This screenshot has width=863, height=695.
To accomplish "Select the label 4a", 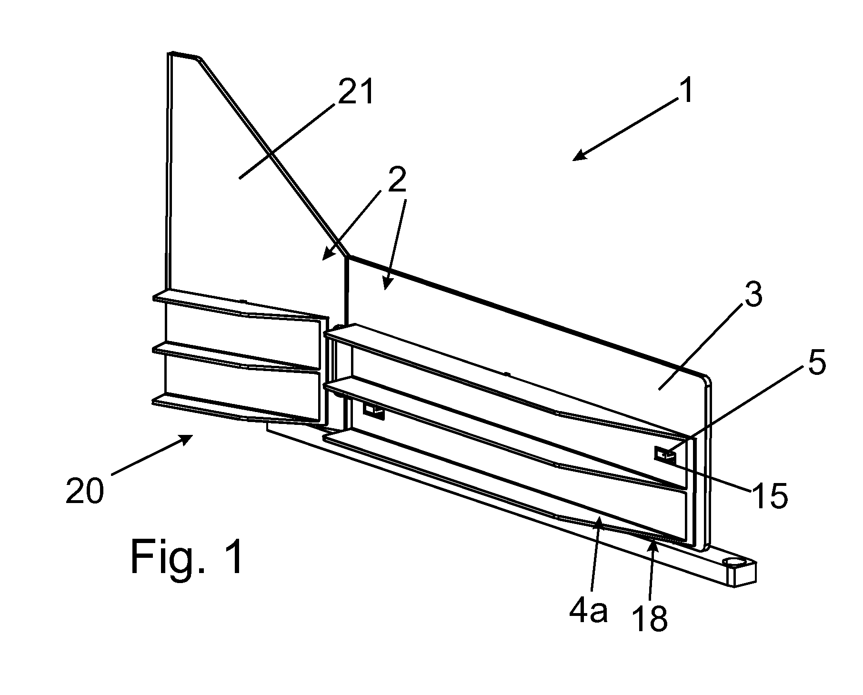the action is [x=589, y=612].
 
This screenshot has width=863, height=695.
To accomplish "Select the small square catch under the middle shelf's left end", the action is [x=374, y=410].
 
